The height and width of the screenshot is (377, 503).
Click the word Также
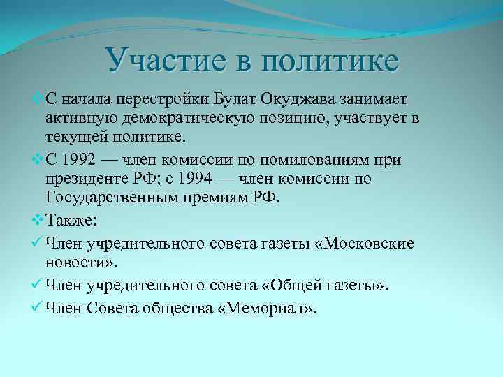[x=73, y=223]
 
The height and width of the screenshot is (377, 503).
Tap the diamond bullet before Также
[x=38, y=223]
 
